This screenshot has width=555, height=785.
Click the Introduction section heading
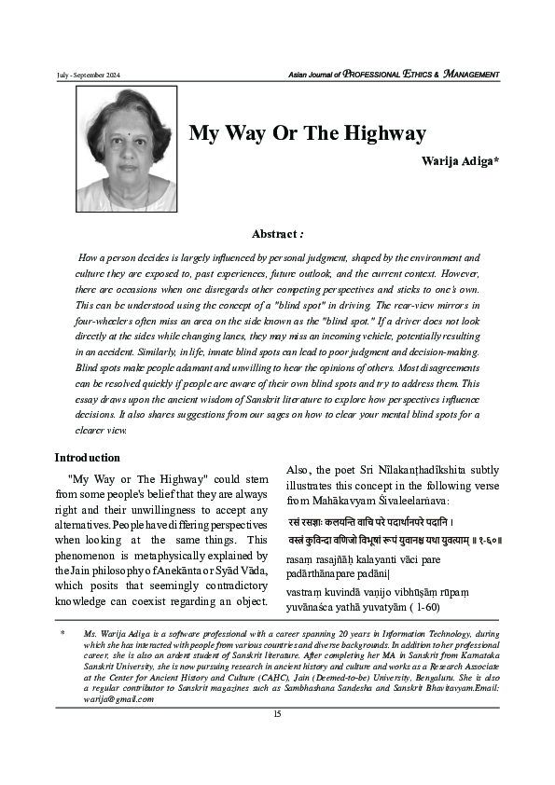point(87,458)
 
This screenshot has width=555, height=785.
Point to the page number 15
point(277,714)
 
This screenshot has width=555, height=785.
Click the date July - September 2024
point(90,75)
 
